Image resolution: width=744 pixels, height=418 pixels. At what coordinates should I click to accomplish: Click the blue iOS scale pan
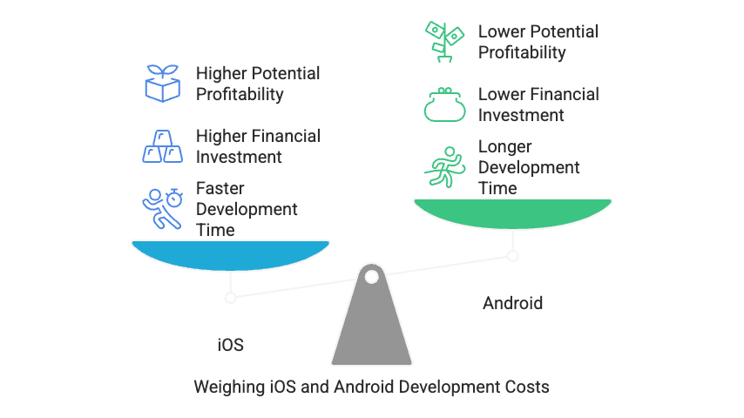pos(230,253)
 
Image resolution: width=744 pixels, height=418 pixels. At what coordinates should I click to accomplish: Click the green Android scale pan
pos(512,212)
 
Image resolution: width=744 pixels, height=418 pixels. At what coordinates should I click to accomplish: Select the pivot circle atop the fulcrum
pos(371,277)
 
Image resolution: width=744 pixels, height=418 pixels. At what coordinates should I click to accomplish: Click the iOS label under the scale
pos(230,345)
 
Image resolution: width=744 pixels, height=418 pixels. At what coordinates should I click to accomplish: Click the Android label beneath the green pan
pos(512,303)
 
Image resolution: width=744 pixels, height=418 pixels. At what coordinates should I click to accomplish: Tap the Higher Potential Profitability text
pos(258,84)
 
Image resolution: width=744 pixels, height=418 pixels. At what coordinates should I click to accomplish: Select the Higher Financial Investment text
pos(258,146)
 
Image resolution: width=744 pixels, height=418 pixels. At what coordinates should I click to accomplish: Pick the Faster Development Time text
pos(247,209)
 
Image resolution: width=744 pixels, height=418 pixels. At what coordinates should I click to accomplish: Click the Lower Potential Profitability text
pos(538,42)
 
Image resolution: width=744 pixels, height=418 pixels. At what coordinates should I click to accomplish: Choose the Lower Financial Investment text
pos(538,104)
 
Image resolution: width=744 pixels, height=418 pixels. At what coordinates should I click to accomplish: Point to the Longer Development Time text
pos(529,167)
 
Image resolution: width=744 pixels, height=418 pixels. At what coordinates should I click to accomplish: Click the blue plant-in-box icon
pos(162,84)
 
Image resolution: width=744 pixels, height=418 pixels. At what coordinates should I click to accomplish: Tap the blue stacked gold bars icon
pos(162,146)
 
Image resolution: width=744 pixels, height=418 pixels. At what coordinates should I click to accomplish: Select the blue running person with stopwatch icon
pos(162,207)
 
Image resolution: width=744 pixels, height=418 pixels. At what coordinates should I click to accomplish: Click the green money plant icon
pos(444,42)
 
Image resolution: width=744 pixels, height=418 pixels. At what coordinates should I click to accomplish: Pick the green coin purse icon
pos(444,104)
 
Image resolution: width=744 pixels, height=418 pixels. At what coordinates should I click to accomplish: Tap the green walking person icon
pos(444,166)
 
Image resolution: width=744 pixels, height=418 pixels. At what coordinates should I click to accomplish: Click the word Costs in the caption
pos(525,386)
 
